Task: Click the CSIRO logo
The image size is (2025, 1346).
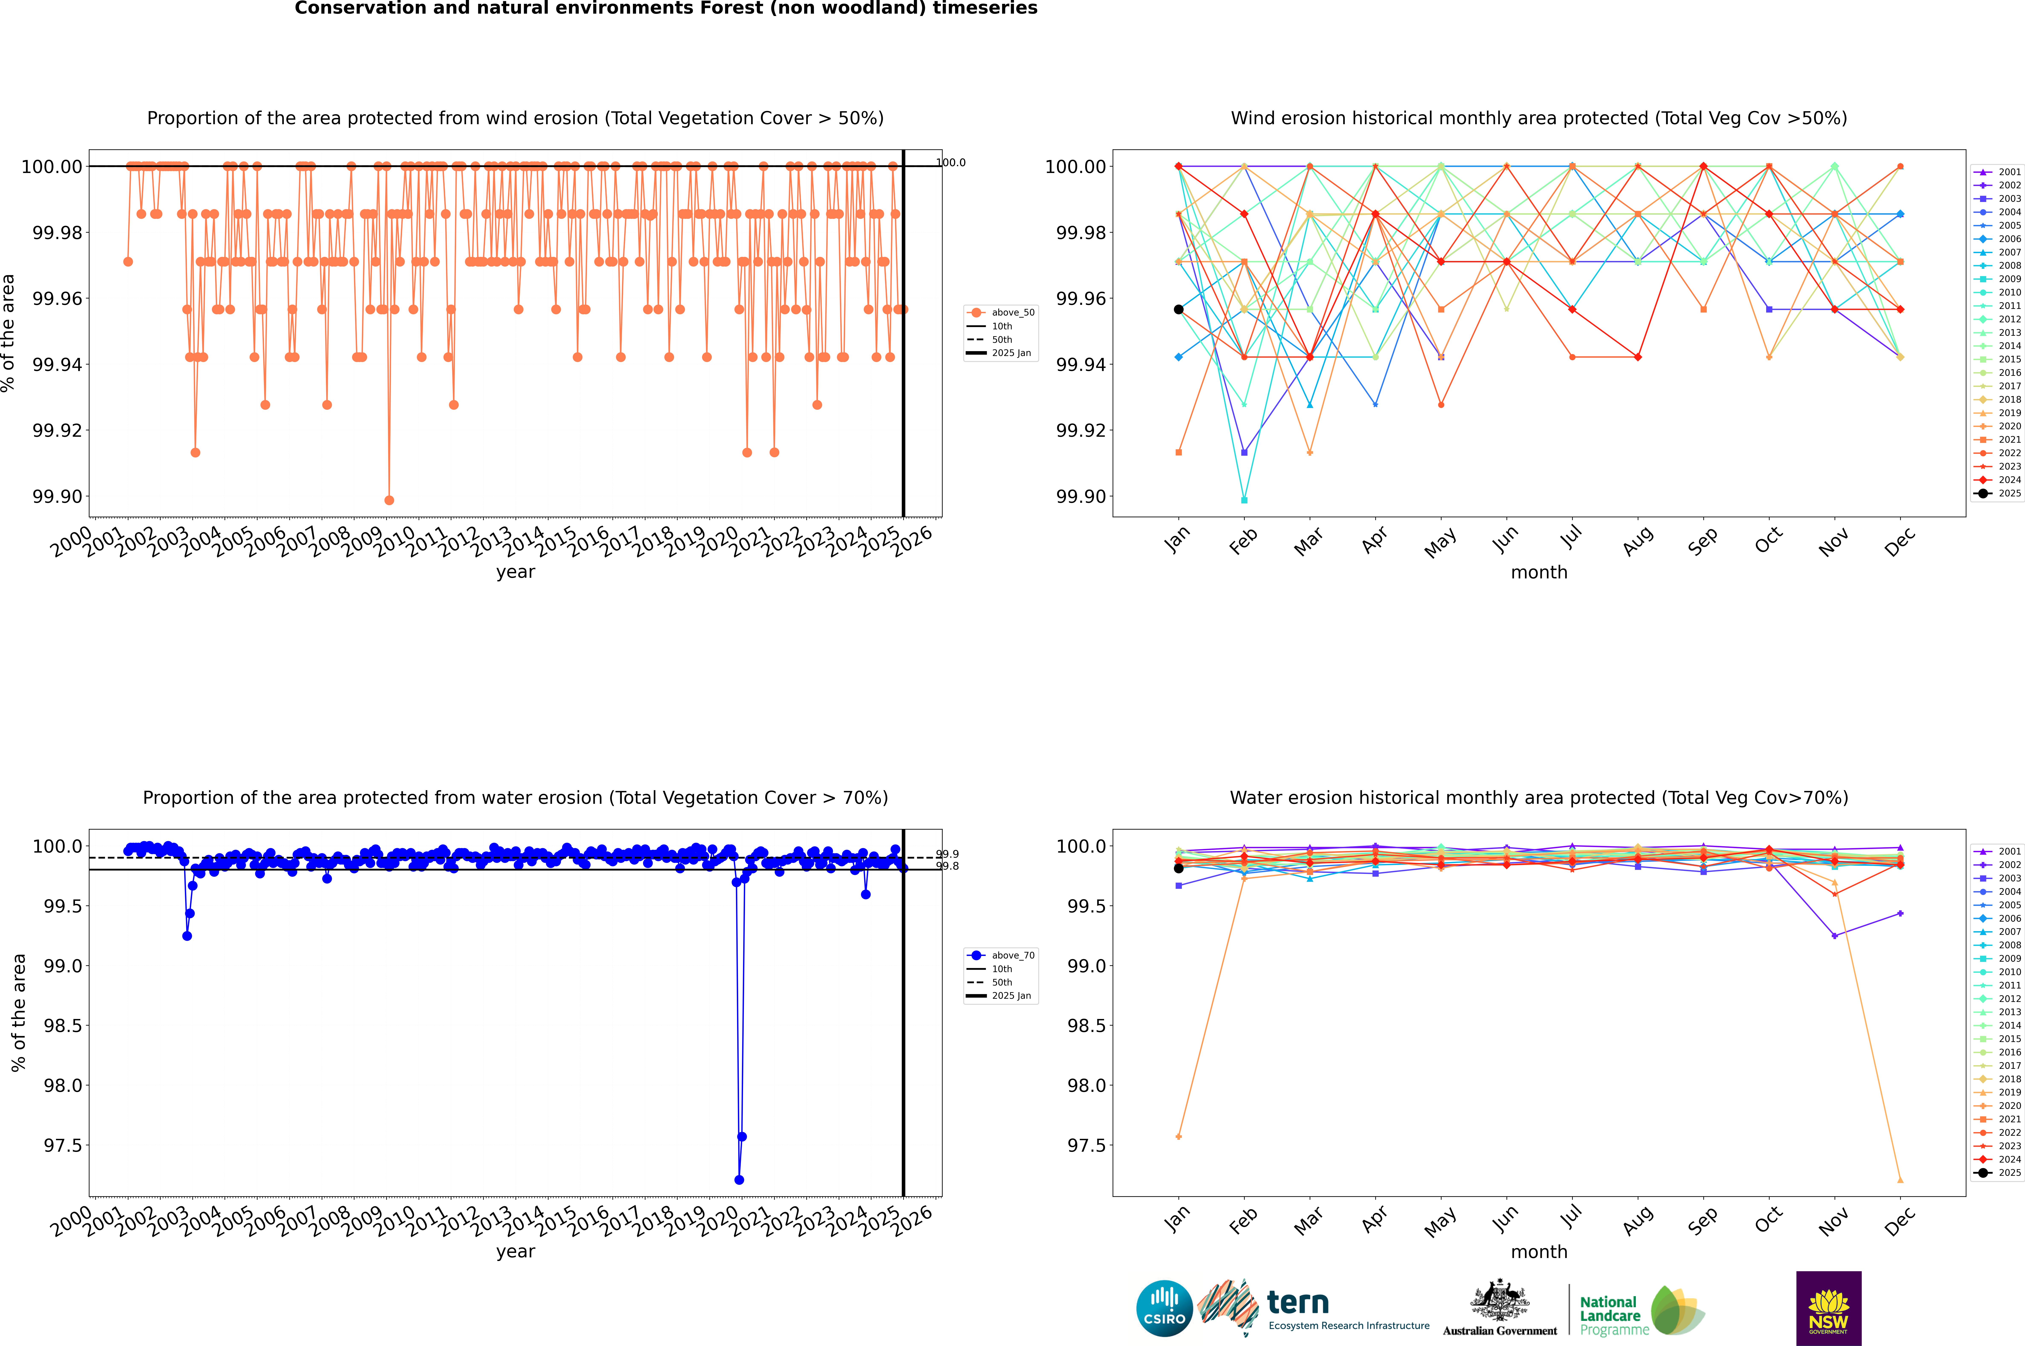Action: click(1164, 1308)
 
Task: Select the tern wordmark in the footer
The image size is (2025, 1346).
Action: click(1298, 1303)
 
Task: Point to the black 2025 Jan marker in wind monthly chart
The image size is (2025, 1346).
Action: click(1179, 309)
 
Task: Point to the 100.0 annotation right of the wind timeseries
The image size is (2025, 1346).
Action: click(950, 162)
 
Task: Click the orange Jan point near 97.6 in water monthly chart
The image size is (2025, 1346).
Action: click(1179, 1137)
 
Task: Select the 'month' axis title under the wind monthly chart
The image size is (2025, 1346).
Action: click(1538, 573)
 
